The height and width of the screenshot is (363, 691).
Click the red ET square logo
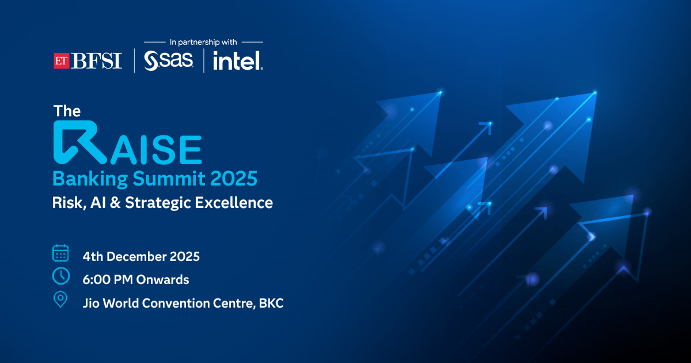click(x=62, y=61)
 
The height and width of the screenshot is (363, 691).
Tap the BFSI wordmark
click(x=97, y=61)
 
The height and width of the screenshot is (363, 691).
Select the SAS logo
click(x=168, y=61)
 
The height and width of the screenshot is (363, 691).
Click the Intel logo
click(x=238, y=61)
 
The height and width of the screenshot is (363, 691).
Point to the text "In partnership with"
click(x=203, y=42)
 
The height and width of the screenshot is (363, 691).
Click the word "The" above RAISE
click(x=67, y=111)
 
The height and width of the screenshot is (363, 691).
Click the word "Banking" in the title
click(x=90, y=179)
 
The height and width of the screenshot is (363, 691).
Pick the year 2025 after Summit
click(x=234, y=179)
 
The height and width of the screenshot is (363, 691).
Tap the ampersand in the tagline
click(x=115, y=203)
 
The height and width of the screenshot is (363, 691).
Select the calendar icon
click(x=60, y=253)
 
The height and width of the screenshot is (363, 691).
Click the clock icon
click(x=61, y=276)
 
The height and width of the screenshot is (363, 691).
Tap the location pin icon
click(x=60, y=300)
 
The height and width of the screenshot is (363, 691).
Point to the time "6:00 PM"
click(x=108, y=279)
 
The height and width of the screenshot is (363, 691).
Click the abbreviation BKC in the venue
click(x=271, y=303)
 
